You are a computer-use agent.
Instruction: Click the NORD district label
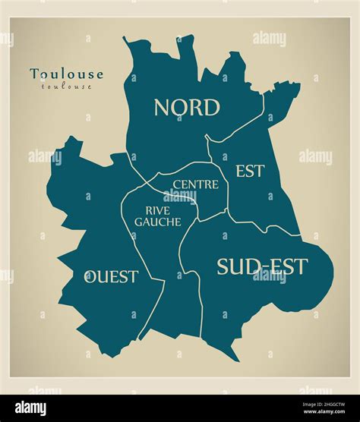[x=187, y=108]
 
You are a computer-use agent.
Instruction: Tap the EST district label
[x=249, y=172]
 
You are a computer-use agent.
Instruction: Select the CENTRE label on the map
[x=195, y=184]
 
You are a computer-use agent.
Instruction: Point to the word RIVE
[x=157, y=209]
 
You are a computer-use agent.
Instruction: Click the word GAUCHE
[x=157, y=222]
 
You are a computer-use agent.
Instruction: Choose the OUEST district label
[x=111, y=276]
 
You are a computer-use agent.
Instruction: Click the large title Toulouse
[x=67, y=74]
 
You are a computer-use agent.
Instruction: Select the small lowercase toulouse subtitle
[x=66, y=87]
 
